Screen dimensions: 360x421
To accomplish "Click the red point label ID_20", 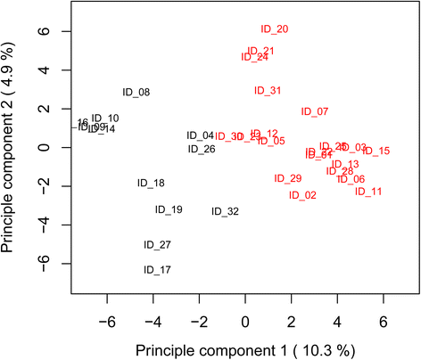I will pos(275,29).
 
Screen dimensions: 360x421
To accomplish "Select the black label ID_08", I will pos(136,93).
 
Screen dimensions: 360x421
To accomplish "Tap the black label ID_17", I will pos(157,270).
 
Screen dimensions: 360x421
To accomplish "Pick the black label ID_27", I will pos(157,245).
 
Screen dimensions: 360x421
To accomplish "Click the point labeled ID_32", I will pos(225,212).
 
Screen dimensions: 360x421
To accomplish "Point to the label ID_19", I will pos(169,210).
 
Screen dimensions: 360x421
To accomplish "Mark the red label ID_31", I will pos(268,91).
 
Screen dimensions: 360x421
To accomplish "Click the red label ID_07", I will pos(315,112).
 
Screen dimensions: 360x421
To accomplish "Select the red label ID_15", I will pos(376,151).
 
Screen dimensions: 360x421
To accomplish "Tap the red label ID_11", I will pos(368,192).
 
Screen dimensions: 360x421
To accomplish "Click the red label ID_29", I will pos(288,179).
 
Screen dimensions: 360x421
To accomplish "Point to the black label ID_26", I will pos(202,150).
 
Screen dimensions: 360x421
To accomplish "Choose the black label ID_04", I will pos(200,135).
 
